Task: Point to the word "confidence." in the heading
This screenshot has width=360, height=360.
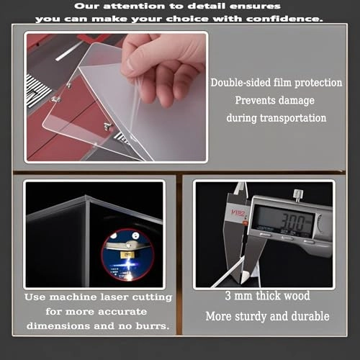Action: pos(282,18)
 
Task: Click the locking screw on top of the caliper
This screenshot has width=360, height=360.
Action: pos(297,194)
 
